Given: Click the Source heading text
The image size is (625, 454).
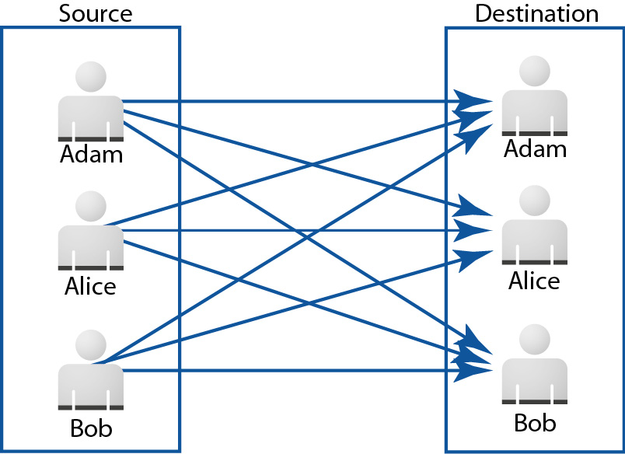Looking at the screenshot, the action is [96, 13].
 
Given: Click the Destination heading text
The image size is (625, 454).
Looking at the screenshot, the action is [536, 13].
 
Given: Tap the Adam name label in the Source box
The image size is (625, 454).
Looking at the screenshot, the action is [91, 154].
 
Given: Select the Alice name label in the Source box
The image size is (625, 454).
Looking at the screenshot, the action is [90, 286].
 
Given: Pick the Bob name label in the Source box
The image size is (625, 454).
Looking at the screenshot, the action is [91, 428].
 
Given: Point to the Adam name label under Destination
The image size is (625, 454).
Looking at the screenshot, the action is [535, 148].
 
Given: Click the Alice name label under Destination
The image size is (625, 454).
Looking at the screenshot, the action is [534, 281].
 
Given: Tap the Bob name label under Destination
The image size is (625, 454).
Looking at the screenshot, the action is [535, 422].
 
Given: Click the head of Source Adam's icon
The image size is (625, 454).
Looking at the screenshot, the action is [91, 76].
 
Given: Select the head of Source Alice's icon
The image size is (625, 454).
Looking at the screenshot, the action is [91, 206].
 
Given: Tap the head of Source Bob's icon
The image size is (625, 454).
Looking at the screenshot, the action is [91, 345].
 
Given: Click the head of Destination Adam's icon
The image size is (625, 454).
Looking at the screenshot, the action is [535, 71].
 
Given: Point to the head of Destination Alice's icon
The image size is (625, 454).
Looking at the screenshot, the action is [535, 201].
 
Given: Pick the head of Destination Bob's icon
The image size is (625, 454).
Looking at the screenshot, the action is [535, 339].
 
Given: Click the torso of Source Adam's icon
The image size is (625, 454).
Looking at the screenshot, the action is [91, 118].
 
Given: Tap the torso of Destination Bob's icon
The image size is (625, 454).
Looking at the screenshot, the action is [535, 381].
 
